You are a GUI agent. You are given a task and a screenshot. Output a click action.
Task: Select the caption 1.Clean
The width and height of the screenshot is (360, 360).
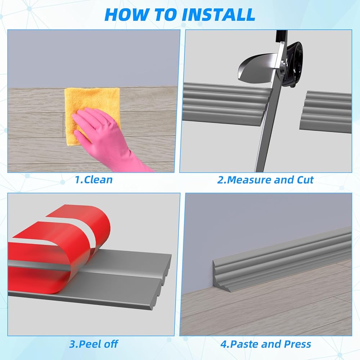94,180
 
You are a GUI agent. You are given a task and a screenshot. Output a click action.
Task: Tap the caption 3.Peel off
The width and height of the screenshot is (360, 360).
94,344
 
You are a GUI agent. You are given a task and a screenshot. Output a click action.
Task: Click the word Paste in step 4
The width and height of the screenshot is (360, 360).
244,344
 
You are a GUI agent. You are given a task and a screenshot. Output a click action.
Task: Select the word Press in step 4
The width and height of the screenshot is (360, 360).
298,344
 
